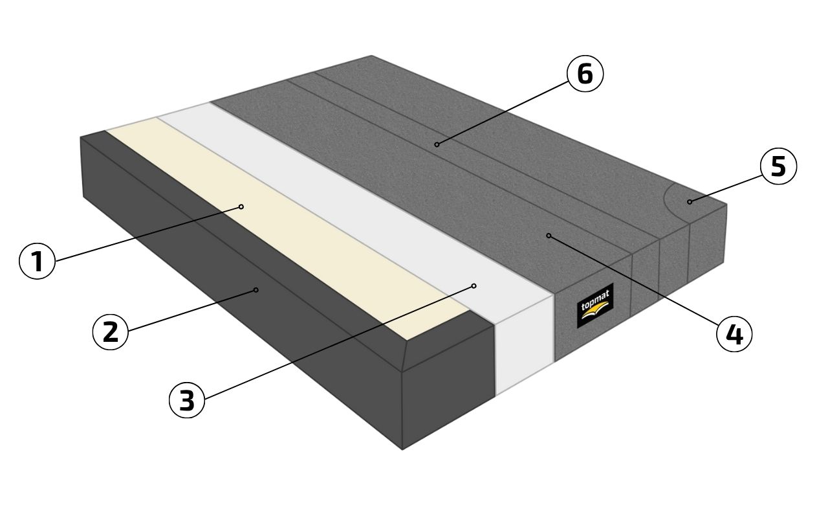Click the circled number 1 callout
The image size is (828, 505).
(x=37, y=262)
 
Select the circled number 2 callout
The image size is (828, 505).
(x=111, y=331)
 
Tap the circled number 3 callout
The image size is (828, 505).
(x=187, y=400)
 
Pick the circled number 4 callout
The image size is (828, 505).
(x=734, y=335)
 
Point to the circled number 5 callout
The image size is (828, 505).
(x=778, y=166)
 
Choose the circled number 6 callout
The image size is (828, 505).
(x=585, y=74)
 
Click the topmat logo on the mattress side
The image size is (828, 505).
(x=595, y=306)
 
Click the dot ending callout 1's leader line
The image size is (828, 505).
(x=241, y=207)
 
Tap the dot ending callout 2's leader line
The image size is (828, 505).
(x=256, y=289)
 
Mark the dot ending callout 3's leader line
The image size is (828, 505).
(x=474, y=286)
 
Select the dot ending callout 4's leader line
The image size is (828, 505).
(x=549, y=236)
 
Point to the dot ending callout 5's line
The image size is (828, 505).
(x=690, y=202)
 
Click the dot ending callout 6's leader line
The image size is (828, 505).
(x=437, y=144)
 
